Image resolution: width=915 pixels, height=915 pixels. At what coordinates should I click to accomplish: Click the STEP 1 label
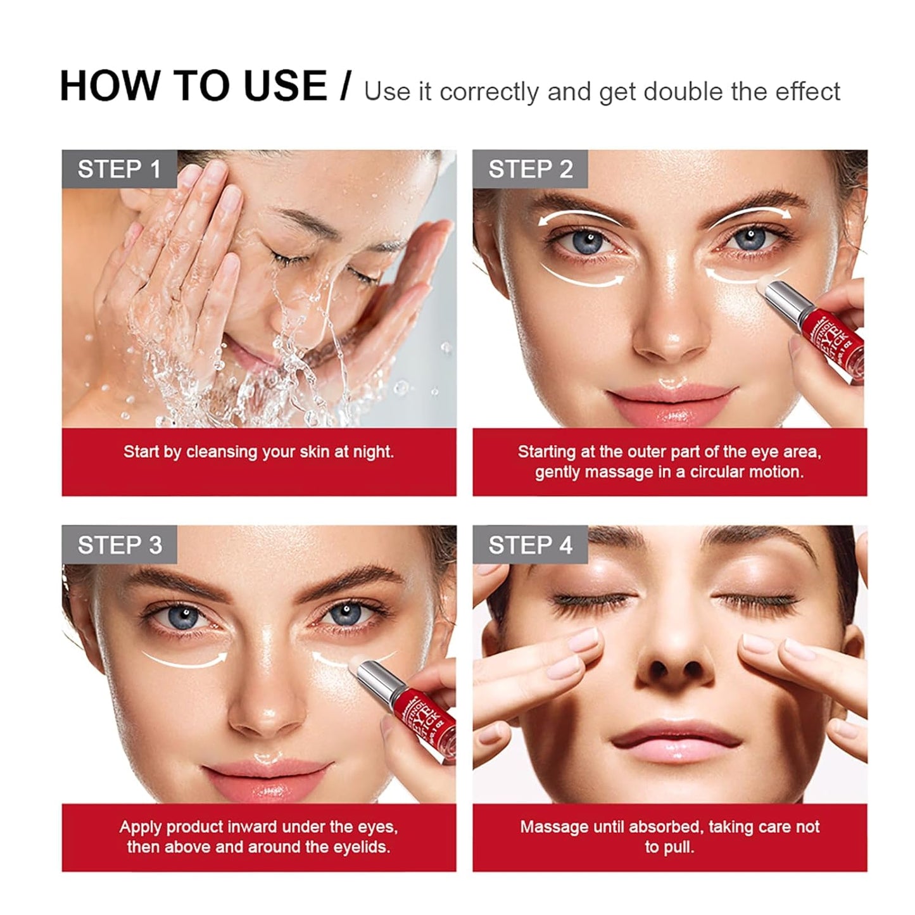pyautogui.click(x=119, y=170)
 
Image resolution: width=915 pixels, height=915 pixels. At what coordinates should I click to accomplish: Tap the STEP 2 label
pyautogui.click(x=530, y=170)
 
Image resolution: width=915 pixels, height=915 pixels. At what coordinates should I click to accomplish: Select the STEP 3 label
pyautogui.click(x=120, y=545)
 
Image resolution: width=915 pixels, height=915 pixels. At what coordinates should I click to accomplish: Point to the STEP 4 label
pyautogui.click(x=530, y=545)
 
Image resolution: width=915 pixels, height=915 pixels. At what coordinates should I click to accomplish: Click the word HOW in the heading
pyautogui.click(x=107, y=86)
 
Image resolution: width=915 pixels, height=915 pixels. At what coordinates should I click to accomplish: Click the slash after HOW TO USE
pyautogui.click(x=344, y=86)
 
